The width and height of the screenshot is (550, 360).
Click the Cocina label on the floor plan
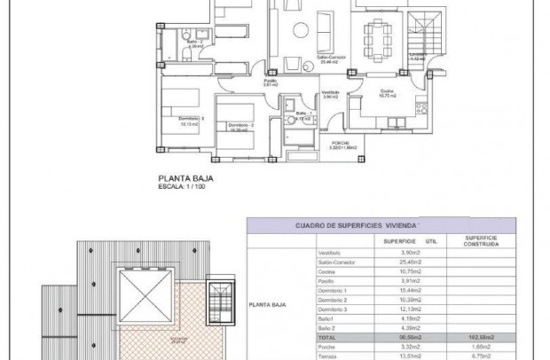click(387, 91)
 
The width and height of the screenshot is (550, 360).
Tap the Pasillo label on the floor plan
click(269, 80)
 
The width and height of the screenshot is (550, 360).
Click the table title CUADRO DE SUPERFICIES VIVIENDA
click(356, 226)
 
